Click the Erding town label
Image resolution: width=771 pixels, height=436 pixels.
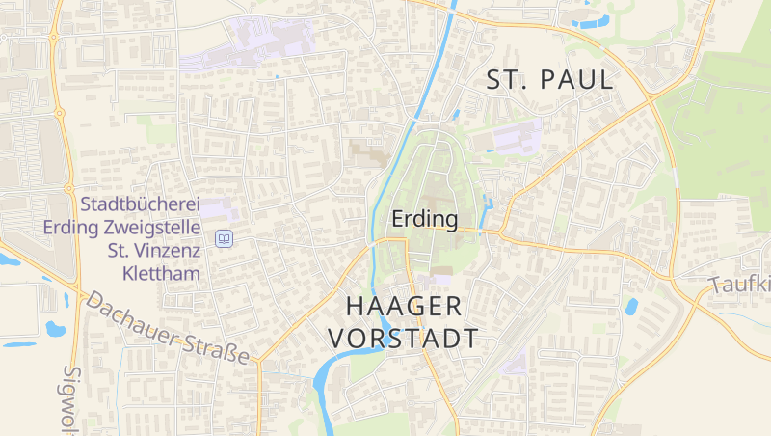[x=424, y=220]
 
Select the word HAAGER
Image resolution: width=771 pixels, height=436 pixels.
[x=404, y=307]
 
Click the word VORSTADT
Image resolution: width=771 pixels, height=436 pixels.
[x=404, y=339]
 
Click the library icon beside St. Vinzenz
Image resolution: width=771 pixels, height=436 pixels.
[x=224, y=237]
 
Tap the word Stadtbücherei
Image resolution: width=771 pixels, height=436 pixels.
[x=140, y=204]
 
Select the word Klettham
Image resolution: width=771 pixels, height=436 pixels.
[x=161, y=274]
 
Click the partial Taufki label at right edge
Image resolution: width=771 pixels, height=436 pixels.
[x=742, y=284]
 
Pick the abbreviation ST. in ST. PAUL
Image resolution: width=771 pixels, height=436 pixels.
[x=509, y=80]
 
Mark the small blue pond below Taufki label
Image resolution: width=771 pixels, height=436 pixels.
[x=631, y=307]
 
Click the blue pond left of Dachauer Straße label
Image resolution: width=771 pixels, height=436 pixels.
[x=56, y=329]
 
